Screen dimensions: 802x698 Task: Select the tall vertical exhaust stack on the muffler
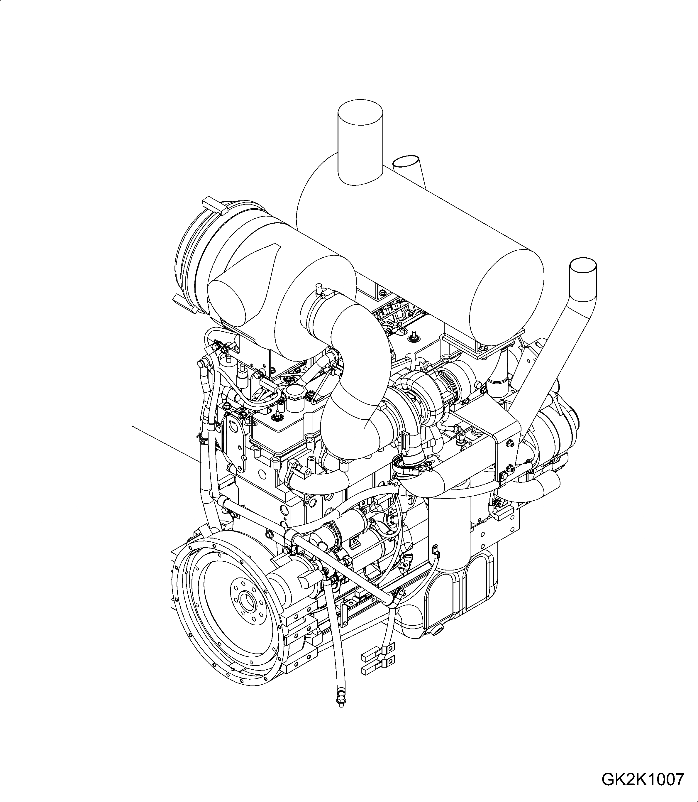coord(360,144)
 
